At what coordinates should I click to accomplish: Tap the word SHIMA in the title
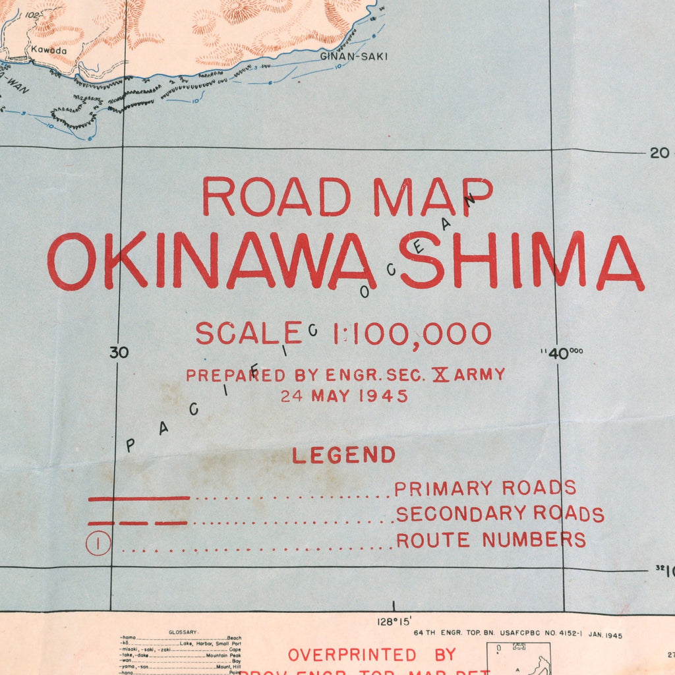click(x=521, y=262)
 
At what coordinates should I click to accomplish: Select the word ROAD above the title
click(x=276, y=196)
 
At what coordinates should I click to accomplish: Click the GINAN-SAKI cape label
click(x=353, y=57)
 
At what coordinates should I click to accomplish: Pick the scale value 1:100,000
click(x=412, y=334)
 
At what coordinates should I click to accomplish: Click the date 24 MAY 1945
click(x=344, y=396)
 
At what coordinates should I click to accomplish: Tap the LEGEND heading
click(x=343, y=455)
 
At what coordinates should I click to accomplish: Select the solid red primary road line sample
click(x=139, y=498)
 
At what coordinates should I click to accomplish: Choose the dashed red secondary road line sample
click(x=138, y=523)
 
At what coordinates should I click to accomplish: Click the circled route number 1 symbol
click(x=98, y=544)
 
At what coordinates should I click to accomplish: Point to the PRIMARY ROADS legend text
click(x=485, y=488)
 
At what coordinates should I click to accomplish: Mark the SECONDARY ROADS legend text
click(x=500, y=514)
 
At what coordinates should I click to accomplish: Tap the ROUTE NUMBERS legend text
click(x=490, y=540)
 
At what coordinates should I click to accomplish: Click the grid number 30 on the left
click(x=119, y=353)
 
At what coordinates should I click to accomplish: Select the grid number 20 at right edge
click(x=659, y=153)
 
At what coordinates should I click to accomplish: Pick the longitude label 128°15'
click(x=394, y=622)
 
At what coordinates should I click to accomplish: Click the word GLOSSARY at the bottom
click(x=183, y=631)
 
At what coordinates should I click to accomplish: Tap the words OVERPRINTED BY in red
click(x=372, y=655)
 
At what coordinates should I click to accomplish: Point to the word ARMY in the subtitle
click(x=479, y=374)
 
